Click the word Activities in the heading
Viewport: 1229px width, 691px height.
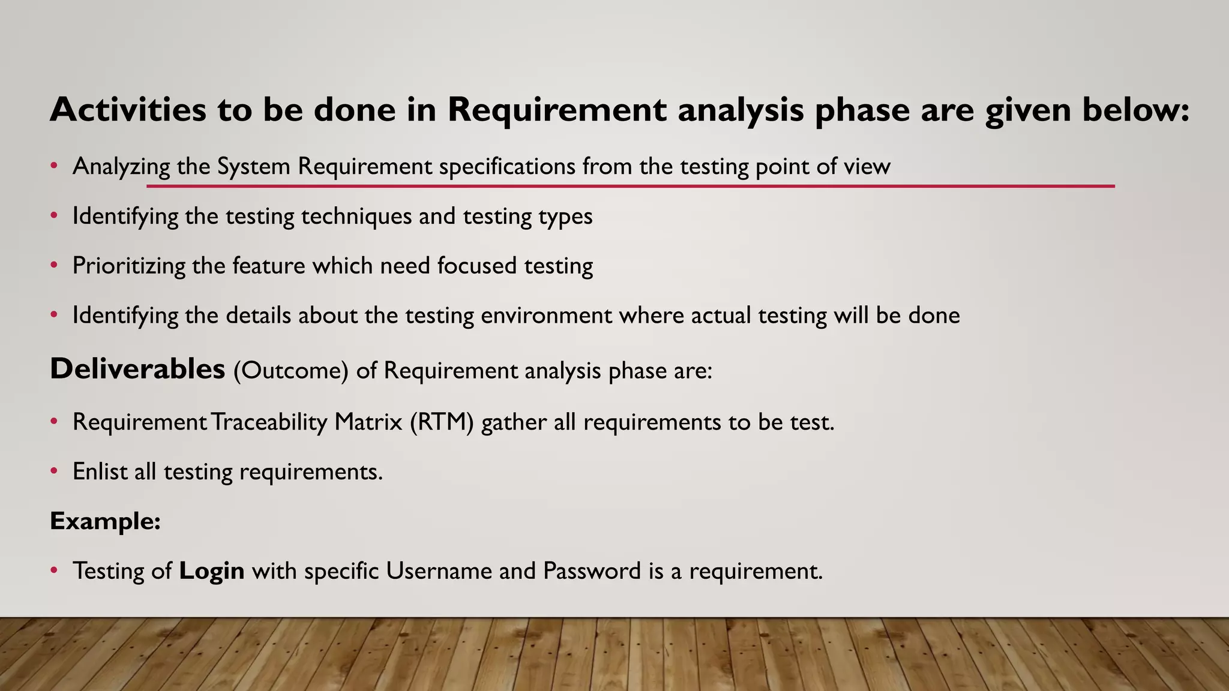point(128,110)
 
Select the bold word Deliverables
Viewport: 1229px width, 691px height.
point(137,369)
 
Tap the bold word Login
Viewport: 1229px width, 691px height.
point(212,571)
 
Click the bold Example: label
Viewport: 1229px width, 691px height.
point(105,521)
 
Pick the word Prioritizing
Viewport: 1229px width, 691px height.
point(128,266)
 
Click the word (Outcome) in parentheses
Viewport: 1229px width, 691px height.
point(291,371)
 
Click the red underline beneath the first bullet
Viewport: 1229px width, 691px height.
point(630,187)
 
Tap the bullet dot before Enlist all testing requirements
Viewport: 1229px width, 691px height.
point(54,471)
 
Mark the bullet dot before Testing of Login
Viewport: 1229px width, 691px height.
point(54,570)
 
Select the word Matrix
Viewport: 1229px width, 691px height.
point(368,422)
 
